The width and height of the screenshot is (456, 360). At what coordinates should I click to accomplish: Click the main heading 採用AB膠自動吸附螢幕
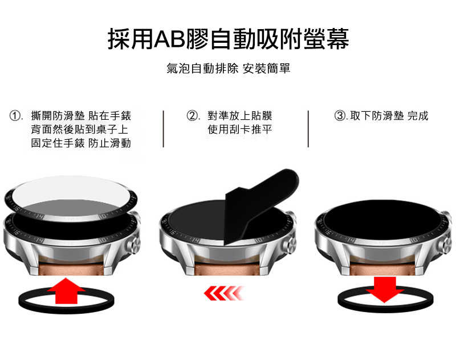point(228,38)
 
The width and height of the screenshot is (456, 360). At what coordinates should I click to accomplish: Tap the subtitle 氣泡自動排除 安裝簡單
point(228,69)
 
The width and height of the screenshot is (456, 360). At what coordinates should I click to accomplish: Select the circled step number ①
point(17,116)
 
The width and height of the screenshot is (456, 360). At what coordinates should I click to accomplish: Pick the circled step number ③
point(340,116)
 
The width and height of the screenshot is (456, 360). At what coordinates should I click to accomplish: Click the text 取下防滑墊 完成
point(389,116)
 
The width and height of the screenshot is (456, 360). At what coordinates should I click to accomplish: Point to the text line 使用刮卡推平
point(239,130)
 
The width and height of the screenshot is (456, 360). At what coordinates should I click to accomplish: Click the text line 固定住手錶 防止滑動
point(80,143)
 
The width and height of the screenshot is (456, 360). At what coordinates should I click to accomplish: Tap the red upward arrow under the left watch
point(66,293)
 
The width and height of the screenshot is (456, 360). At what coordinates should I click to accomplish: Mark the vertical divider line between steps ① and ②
point(164,129)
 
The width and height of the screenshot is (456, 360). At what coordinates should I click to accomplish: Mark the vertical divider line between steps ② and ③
point(308,129)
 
